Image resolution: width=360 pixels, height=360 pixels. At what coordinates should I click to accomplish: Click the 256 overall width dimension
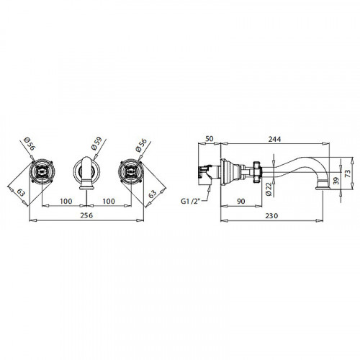coord(86,215)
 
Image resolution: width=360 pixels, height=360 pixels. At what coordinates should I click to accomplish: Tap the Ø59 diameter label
coord(97,143)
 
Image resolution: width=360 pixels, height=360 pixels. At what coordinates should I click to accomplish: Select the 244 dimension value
coord(274,139)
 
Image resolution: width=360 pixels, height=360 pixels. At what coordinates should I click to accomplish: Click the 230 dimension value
coord(271,216)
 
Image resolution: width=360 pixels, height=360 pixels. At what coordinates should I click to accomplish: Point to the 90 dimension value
coord(240,201)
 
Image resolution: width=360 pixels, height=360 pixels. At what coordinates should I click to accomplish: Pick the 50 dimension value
coord(209,139)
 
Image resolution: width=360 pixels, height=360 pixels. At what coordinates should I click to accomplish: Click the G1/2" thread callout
coord(190,201)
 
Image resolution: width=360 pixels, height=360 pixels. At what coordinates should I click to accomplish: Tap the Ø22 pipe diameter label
coord(269,189)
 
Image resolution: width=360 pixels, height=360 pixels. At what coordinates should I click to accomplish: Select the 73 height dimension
coord(347,173)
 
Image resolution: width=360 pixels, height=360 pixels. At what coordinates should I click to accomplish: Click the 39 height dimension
coord(336,181)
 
